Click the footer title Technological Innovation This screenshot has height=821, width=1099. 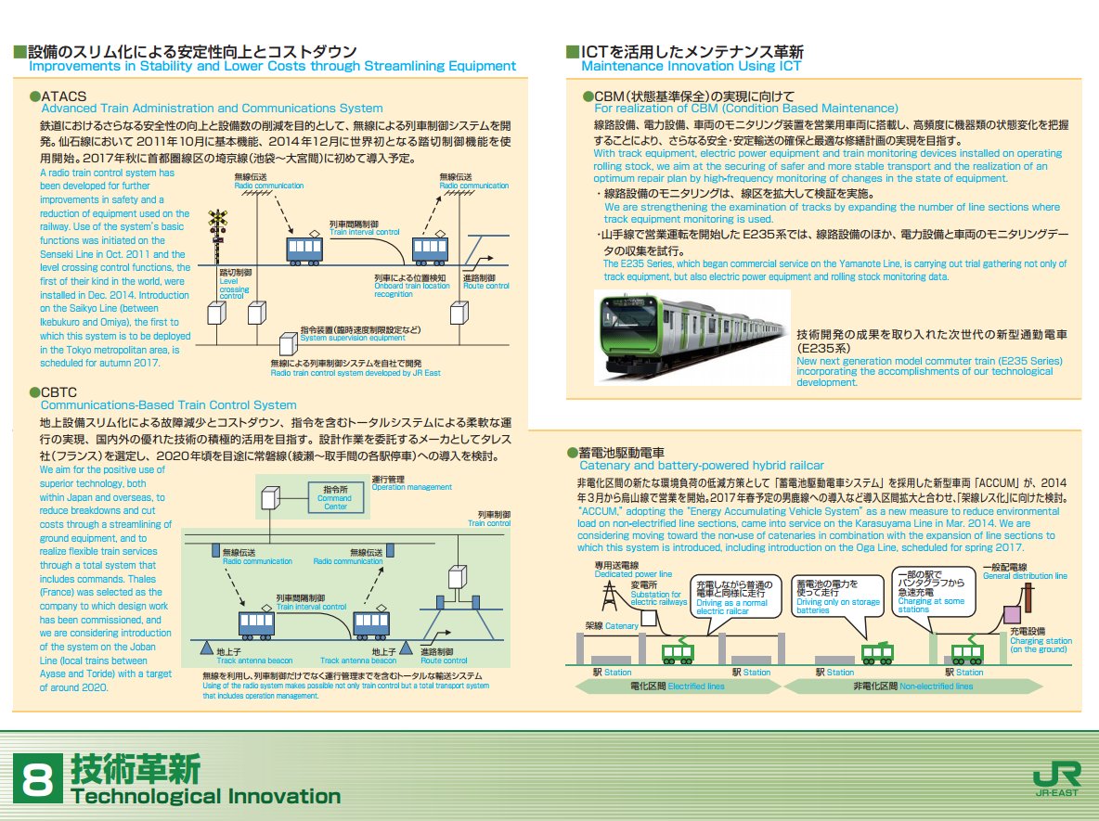(x=205, y=796)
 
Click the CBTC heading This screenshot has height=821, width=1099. (x=62, y=392)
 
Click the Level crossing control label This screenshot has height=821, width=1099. (x=233, y=286)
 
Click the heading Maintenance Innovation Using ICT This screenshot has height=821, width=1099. (x=692, y=67)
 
